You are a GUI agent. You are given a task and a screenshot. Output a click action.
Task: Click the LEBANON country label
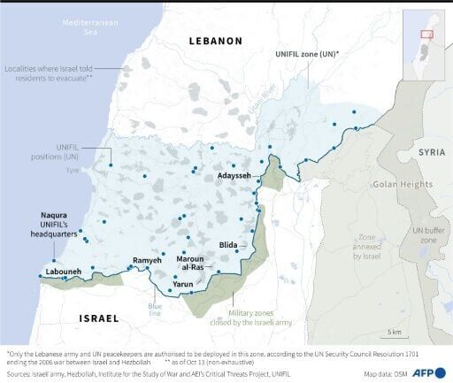point(213,41)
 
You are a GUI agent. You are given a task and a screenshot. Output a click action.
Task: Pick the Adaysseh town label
point(233,176)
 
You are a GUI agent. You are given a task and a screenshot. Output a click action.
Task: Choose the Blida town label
point(229,244)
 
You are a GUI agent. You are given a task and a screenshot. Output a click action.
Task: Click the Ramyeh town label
point(147,261)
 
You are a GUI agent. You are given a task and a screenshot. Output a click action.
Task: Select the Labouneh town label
point(58,272)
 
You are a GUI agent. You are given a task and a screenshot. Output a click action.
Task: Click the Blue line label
point(155,310)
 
